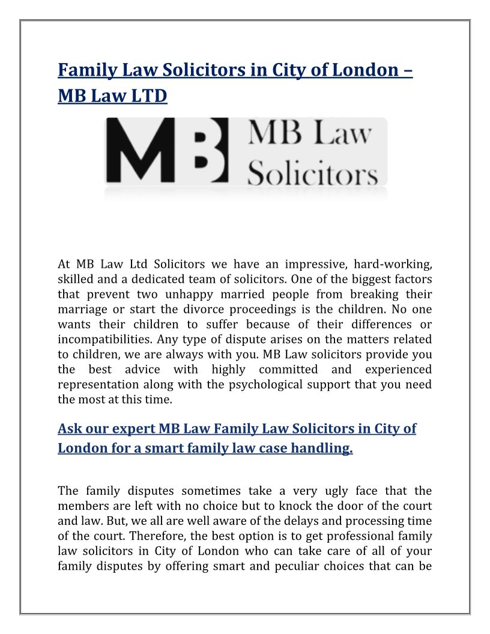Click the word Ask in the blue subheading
[69, 429]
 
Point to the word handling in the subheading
[321, 448]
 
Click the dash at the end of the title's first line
[406, 70]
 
